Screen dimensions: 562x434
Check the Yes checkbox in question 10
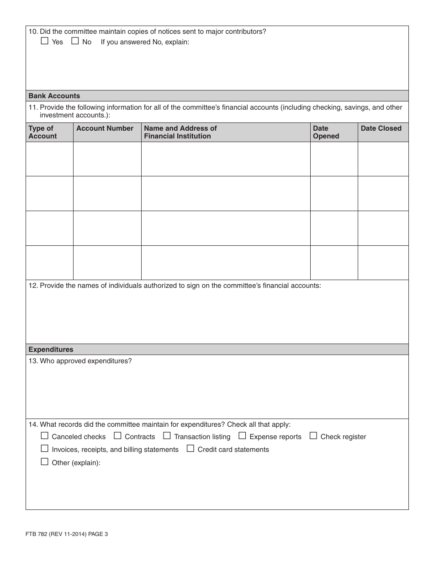[44, 41]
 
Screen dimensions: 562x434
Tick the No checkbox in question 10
[75, 41]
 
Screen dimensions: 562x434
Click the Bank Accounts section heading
[54, 96]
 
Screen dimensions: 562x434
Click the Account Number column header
[105, 128]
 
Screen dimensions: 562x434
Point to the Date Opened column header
[326, 132]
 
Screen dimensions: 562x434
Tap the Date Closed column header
[381, 128]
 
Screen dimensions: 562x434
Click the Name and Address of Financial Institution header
[180, 132]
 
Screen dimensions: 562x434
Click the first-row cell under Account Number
[107, 159]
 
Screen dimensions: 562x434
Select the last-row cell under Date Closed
[383, 263]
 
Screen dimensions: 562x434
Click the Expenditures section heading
[51, 350]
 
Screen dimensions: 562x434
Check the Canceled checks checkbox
[44, 436]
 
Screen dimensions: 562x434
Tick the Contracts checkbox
[117, 436]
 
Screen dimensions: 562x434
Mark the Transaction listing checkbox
[167, 436]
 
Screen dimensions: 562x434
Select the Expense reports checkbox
[242, 436]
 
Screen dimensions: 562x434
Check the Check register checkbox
[313, 436]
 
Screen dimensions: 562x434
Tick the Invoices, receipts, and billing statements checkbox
[44, 449]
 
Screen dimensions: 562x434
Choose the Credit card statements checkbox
[190, 449]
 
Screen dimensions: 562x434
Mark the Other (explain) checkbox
[44, 462]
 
